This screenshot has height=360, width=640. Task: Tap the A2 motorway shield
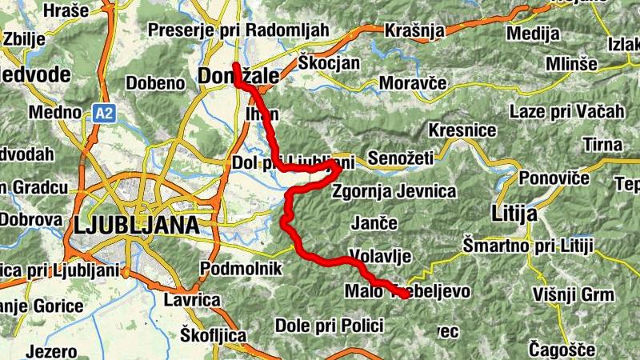(x=104, y=113)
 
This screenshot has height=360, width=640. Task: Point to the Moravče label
(x=412, y=82)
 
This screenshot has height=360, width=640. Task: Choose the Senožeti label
(x=400, y=158)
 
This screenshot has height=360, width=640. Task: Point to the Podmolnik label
(x=238, y=267)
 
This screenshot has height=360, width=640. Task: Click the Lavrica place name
(x=191, y=299)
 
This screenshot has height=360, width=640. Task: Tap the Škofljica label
(x=213, y=334)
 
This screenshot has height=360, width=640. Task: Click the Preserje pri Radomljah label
(x=238, y=30)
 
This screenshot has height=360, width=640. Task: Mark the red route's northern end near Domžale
(x=235, y=66)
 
